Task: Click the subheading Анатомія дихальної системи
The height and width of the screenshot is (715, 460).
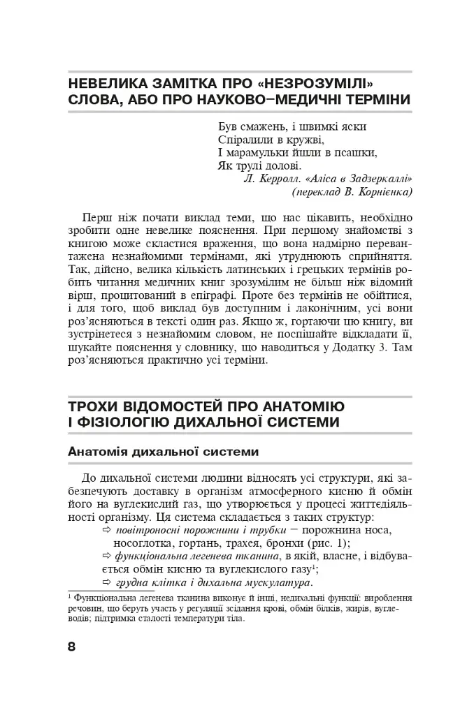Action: pos(164,452)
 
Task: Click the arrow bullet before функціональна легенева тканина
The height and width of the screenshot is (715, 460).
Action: pos(107,557)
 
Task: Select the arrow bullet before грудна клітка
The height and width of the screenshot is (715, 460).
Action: pos(107,583)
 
